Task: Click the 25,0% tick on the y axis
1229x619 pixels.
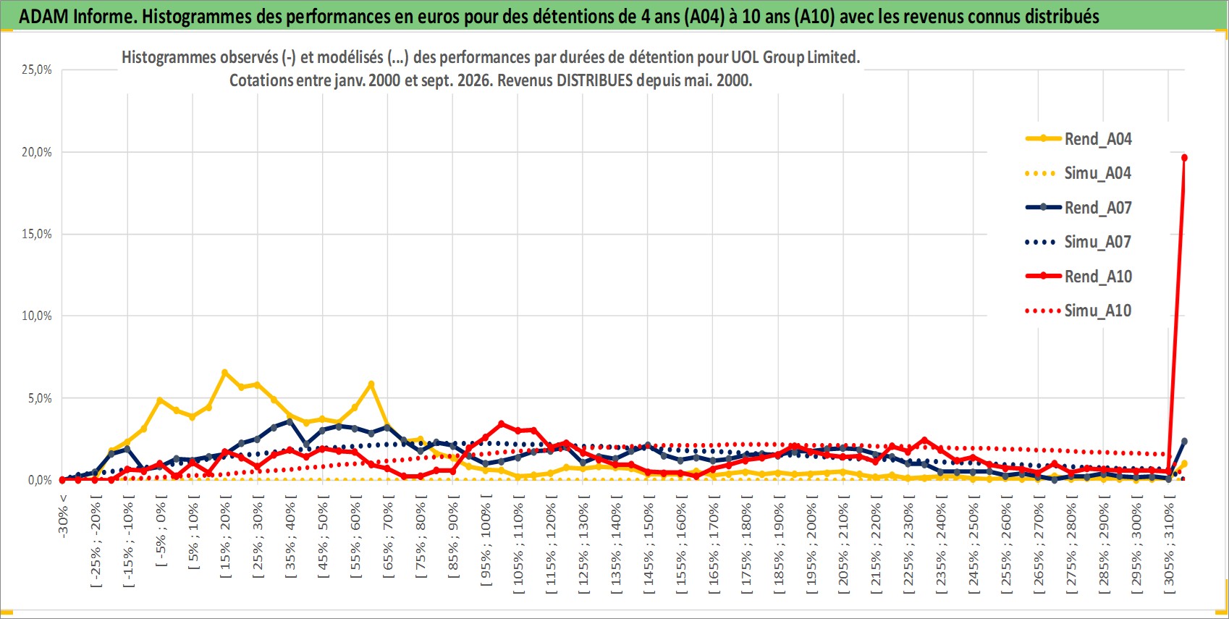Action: (x=37, y=70)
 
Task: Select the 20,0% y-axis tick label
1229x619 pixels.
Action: (x=37, y=152)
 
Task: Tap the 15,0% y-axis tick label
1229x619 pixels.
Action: (x=37, y=234)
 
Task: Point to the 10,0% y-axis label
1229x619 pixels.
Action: (x=37, y=316)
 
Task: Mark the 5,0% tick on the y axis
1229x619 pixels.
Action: (x=40, y=398)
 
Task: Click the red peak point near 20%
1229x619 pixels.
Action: (x=1184, y=158)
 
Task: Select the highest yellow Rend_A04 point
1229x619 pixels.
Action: (x=224, y=372)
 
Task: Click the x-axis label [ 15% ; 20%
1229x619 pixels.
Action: (x=225, y=537)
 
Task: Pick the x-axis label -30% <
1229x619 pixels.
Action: (x=62, y=516)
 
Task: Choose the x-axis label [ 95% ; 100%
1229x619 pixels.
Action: (x=486, y=541)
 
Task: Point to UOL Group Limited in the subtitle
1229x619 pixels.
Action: (x=795, y=57)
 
